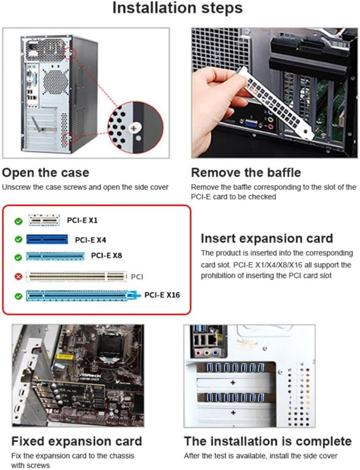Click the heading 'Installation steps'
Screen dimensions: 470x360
[177, 8]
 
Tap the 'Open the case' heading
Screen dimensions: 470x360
[46, 173]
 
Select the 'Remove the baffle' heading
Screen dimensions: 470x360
[246, 173]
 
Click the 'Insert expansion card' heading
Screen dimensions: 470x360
[267, 238]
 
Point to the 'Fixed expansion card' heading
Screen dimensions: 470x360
[76, 441]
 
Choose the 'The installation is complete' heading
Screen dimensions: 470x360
[268, 441]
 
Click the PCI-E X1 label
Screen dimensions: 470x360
[82, 220]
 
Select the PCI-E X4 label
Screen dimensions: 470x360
[91, 240]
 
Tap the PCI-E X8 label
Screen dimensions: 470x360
[106, 256]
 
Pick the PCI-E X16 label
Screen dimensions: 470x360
[162, 295]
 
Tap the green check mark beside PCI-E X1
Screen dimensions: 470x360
[18, 221]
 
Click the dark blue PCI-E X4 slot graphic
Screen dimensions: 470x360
[47, 239]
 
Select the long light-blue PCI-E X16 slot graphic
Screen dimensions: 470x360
[81, 295]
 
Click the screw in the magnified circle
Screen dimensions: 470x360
[133, 128]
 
